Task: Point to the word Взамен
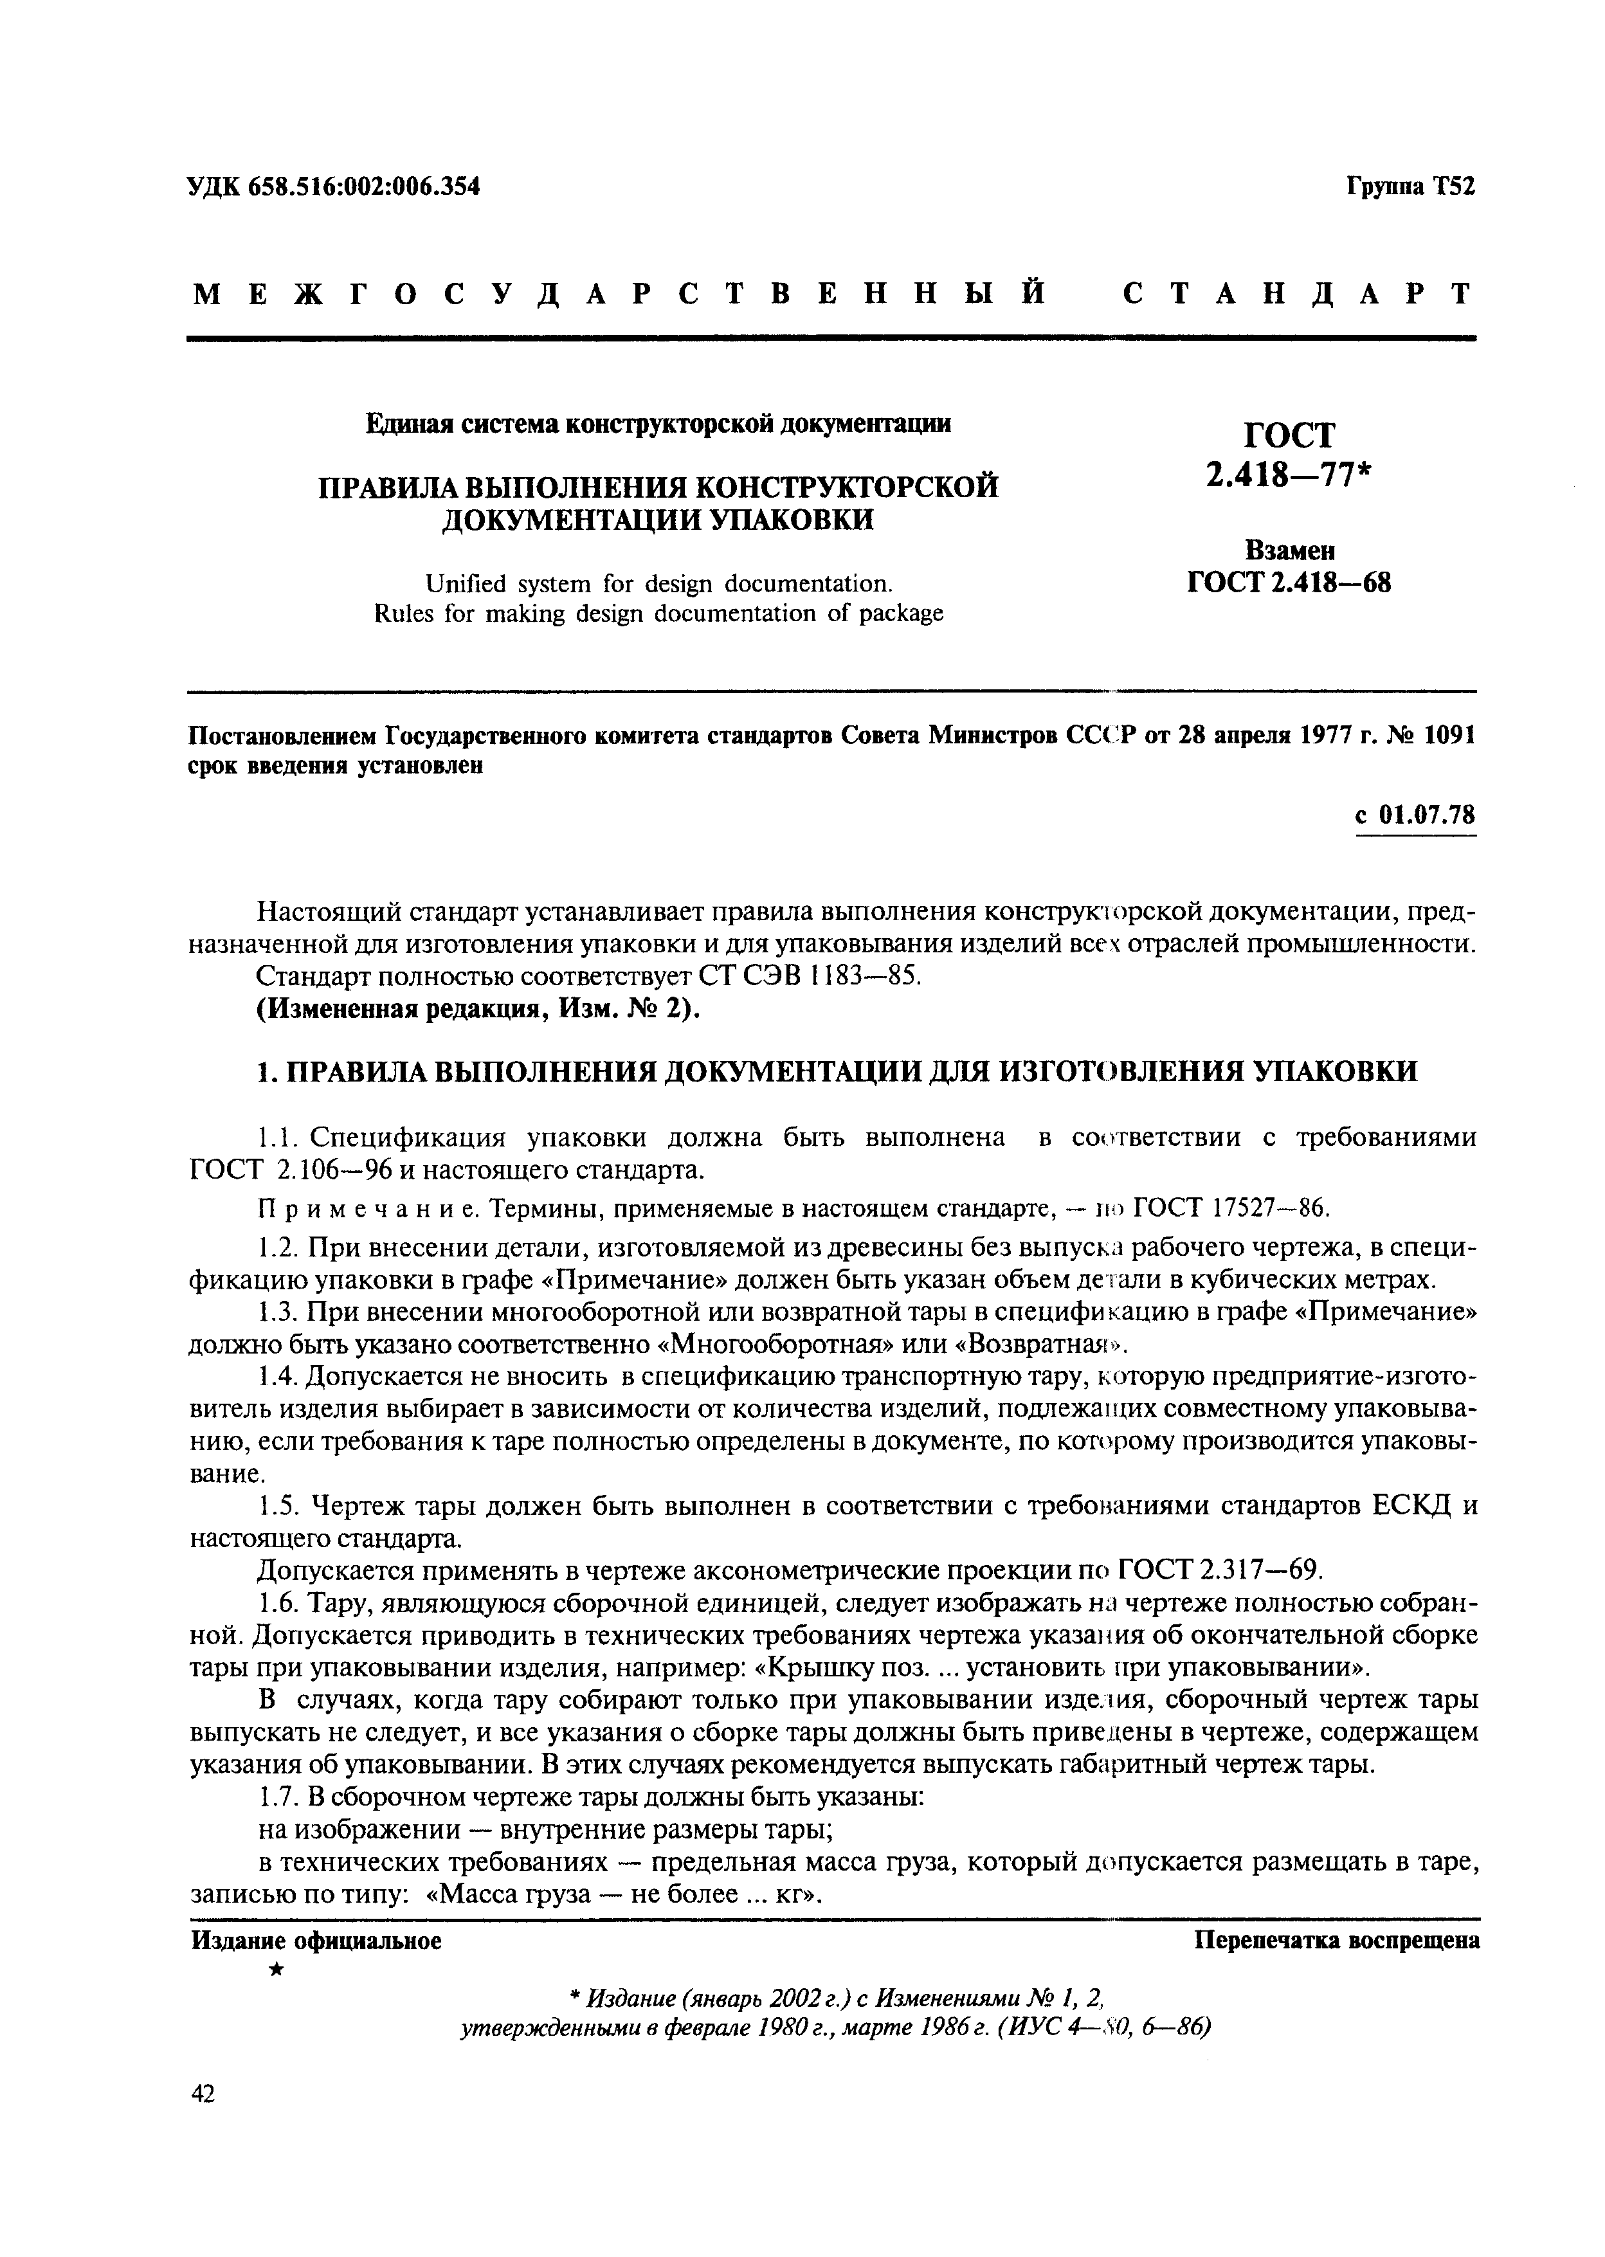tap(1290, 549)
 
